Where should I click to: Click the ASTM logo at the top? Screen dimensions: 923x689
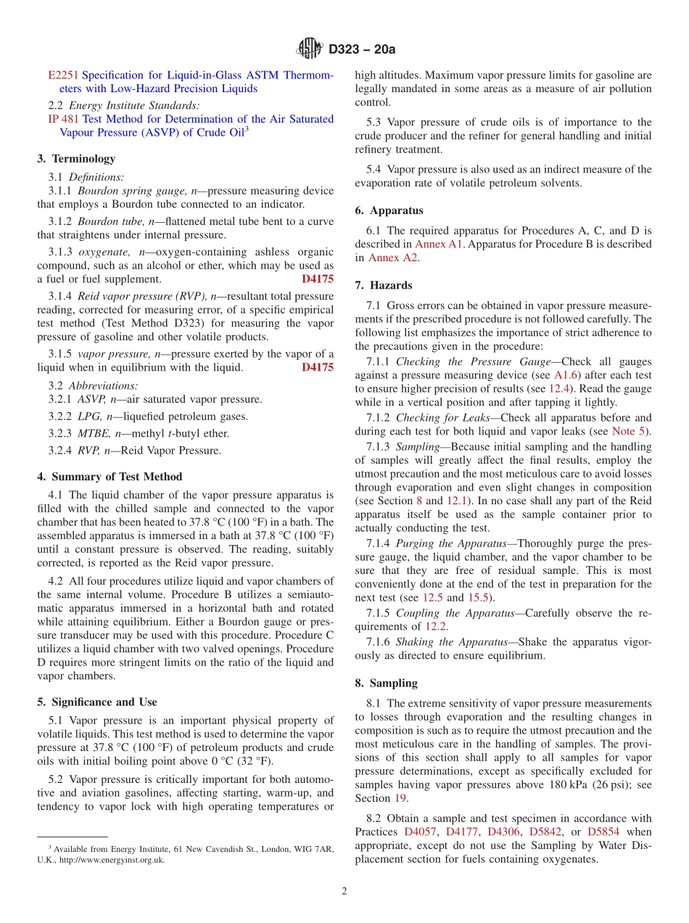coord(310,49)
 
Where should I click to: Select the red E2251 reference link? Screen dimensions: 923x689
coord(63,75)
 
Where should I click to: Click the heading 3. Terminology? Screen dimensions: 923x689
coord(76,158)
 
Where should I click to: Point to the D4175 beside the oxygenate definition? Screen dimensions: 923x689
coord(318,279)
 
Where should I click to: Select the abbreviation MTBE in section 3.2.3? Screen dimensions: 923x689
coord(92,433)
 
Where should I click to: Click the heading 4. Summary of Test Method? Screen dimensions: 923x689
coord(110,477)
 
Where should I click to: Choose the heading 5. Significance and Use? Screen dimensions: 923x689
coord(96,702)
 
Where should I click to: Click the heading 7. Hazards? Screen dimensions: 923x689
coord(384,285)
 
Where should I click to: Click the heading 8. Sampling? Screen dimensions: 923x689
coord(387,683)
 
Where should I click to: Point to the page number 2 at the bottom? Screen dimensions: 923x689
coord(344,892)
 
